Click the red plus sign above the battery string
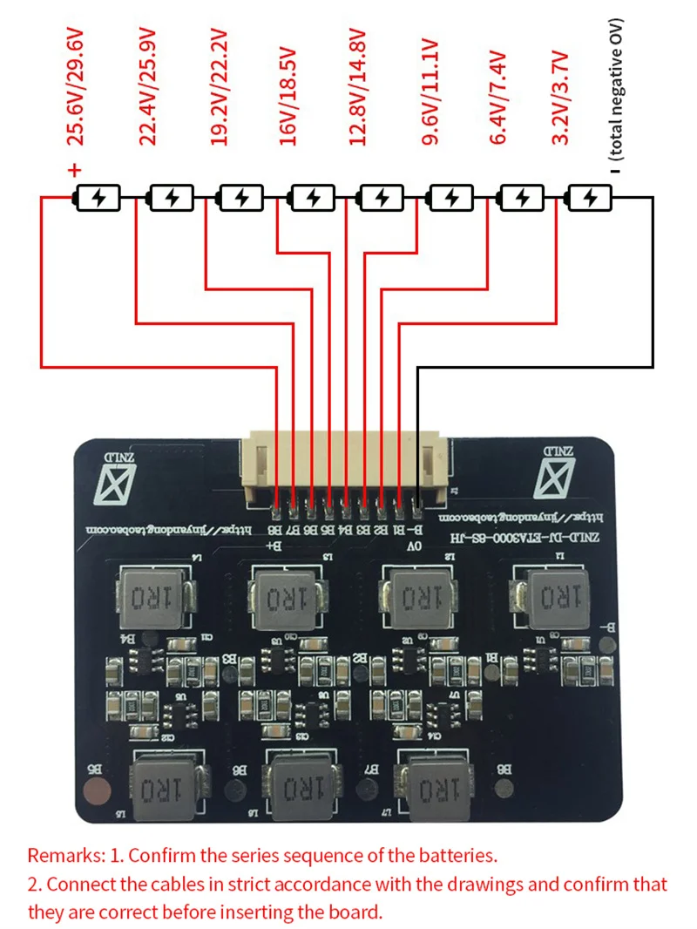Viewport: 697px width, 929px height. coord(75,170)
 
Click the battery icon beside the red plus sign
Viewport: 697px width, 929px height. coord(98,199)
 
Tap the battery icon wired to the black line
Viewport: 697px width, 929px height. coord(589,199)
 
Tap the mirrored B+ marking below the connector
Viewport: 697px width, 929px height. coord(275,546)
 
